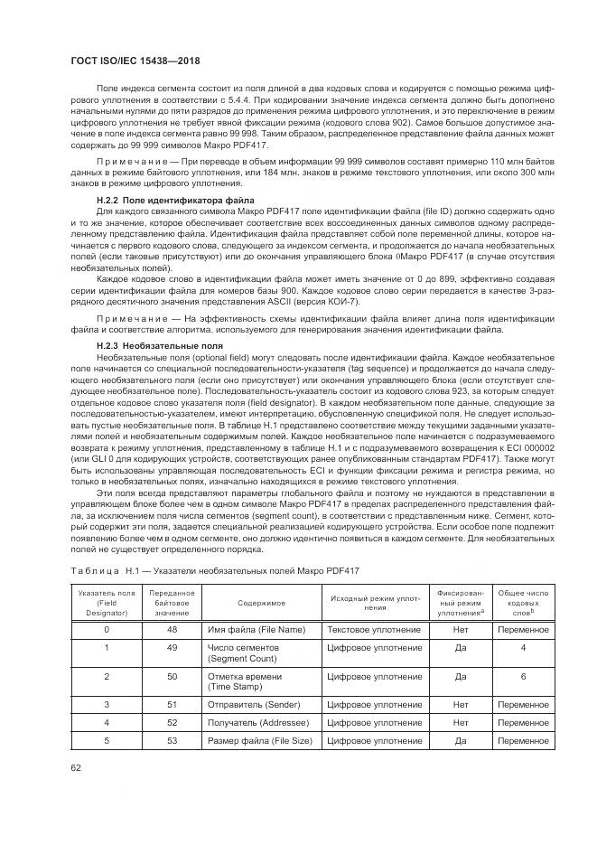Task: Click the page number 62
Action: point(75,768)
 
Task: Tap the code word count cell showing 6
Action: point(523,676)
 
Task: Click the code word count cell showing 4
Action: point(523,648)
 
